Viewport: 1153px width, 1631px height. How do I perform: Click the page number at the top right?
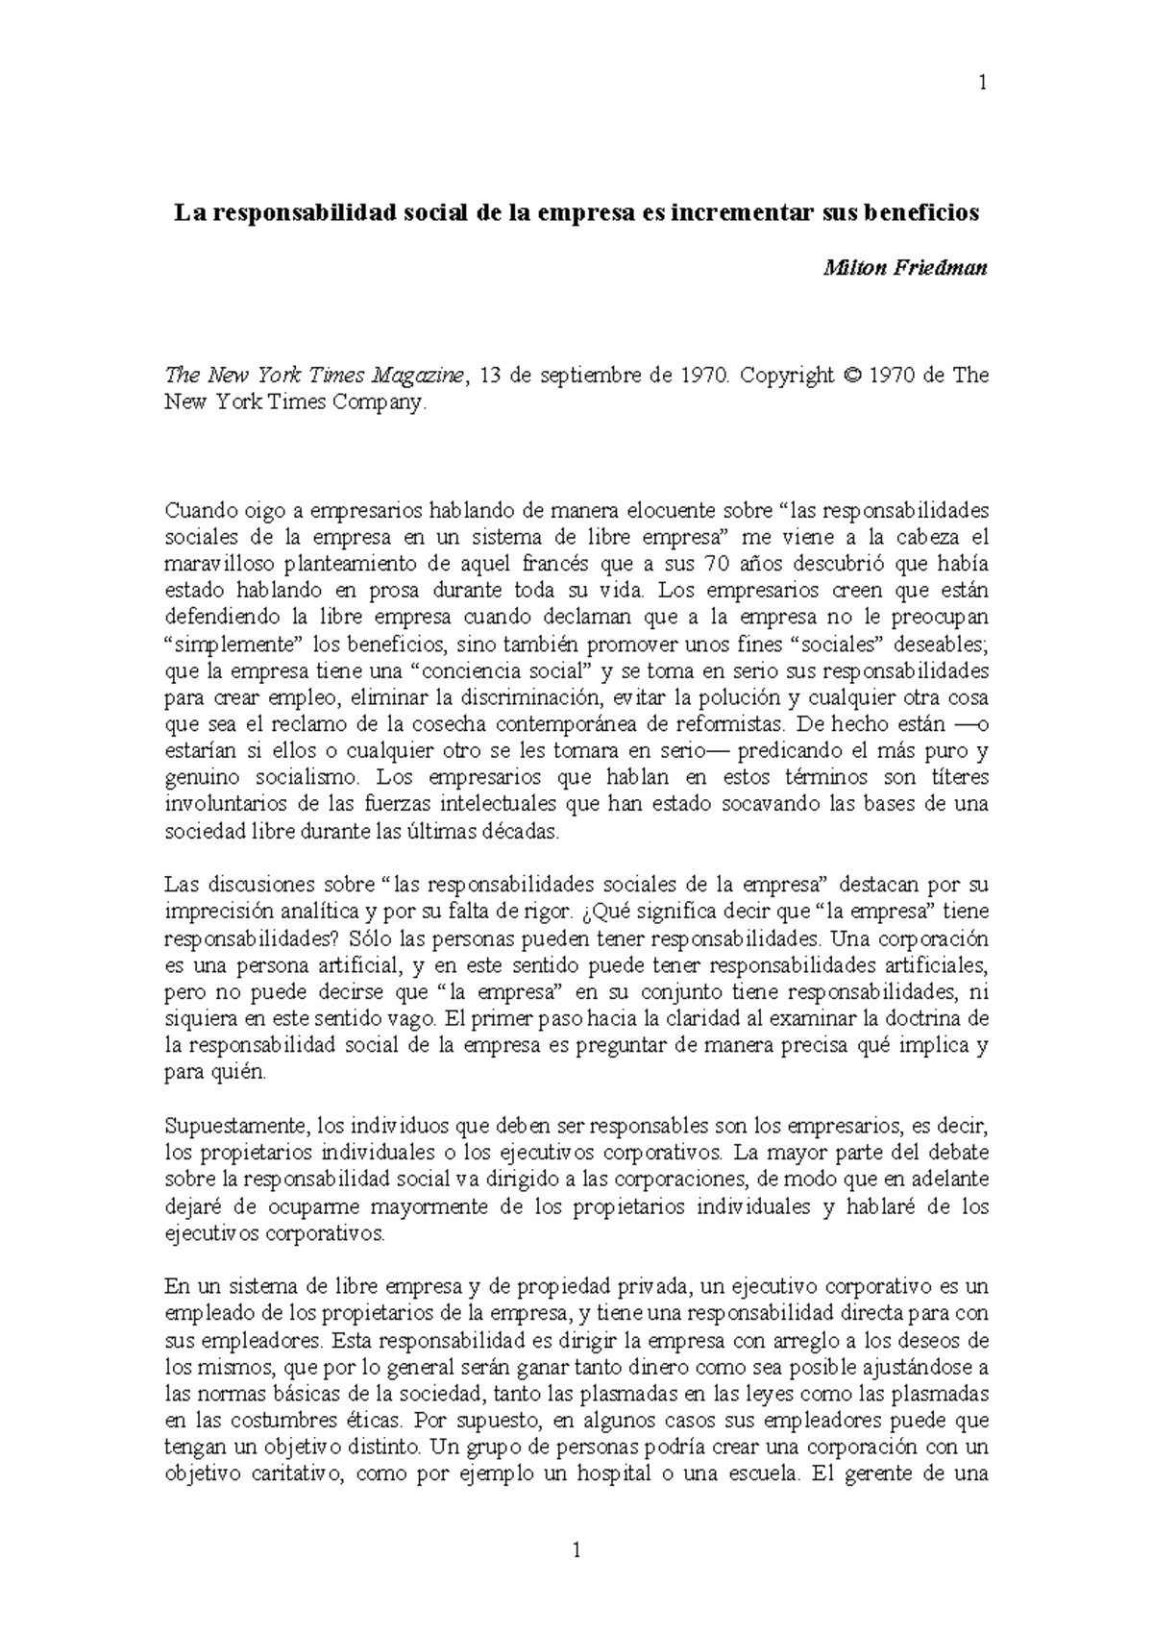click(982, 84)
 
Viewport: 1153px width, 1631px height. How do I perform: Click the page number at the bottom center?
click(576, 1548)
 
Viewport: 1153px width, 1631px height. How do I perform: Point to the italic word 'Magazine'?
click(416, 377)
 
